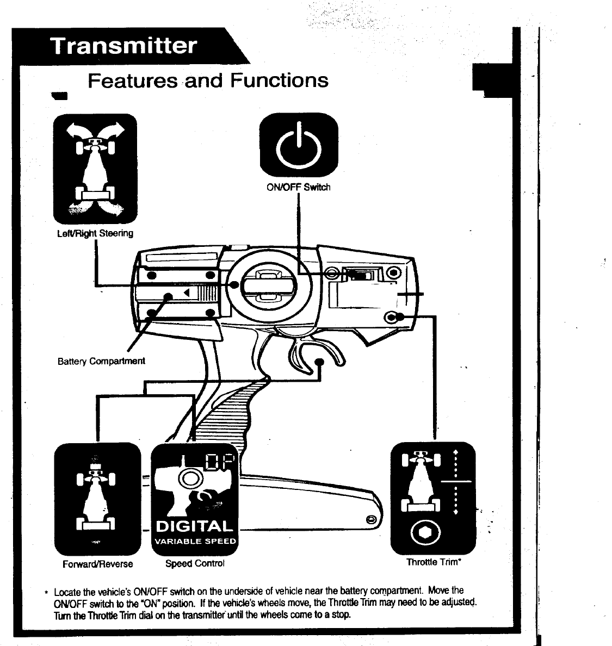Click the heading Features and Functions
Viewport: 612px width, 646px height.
coord(208,81)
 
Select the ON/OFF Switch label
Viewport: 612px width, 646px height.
coord(298,188)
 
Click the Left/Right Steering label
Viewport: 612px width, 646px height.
coord(95,233)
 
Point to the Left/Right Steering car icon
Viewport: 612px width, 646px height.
coord(95,169)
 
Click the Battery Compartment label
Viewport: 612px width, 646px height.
coord(101,361)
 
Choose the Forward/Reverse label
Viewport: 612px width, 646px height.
coord(98,564)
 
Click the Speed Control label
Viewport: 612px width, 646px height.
coord(195,563)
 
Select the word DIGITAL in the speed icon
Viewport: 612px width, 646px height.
coord(194,526)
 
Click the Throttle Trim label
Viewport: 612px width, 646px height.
coord(434,562)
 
